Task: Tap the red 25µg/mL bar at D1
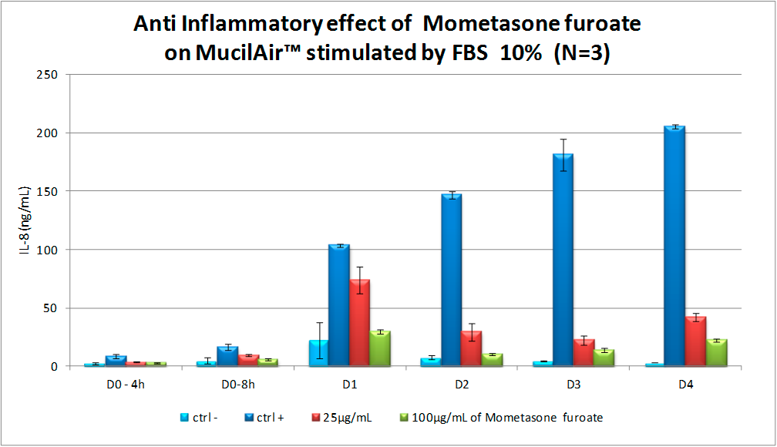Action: click(x=360, y=324)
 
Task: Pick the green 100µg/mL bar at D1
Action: click(x=381, y=349)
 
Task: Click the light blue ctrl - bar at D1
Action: click(x=318, y=353)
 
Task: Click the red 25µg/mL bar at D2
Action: click(x=472, y=349)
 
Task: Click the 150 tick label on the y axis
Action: click(x=53, y=191)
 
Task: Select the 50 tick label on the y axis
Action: click(x=56, y=308)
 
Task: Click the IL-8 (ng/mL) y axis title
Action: click(x=25, y=220)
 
